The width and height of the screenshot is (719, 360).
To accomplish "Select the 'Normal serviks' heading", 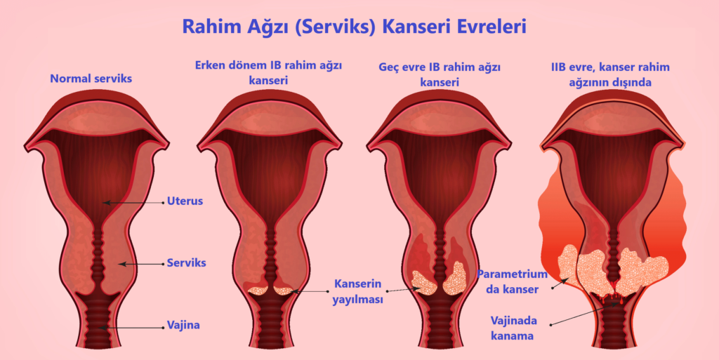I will [x=91, y=79].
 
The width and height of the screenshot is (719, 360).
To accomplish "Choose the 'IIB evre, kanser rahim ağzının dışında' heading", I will [x=609, y=74].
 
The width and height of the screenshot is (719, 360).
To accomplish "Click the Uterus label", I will [x=185, y=201].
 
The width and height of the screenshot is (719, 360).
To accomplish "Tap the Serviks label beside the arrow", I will [x=186, y=263].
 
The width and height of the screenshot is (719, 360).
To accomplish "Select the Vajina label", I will [x=184, y=325].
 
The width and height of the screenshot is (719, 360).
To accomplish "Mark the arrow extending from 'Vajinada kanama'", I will [x=583, y=314].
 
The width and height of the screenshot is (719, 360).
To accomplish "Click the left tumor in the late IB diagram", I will [x=424, y=281].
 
